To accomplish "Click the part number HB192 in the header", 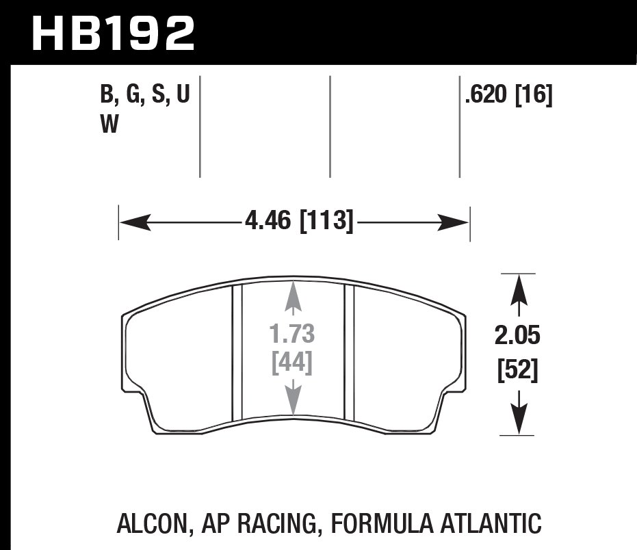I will click(114, 34).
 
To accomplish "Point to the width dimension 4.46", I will click(267, 222).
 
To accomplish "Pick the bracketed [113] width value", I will click(326, 222).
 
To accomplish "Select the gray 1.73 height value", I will click(292, 335).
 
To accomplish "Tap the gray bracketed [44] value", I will click(292, 363).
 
